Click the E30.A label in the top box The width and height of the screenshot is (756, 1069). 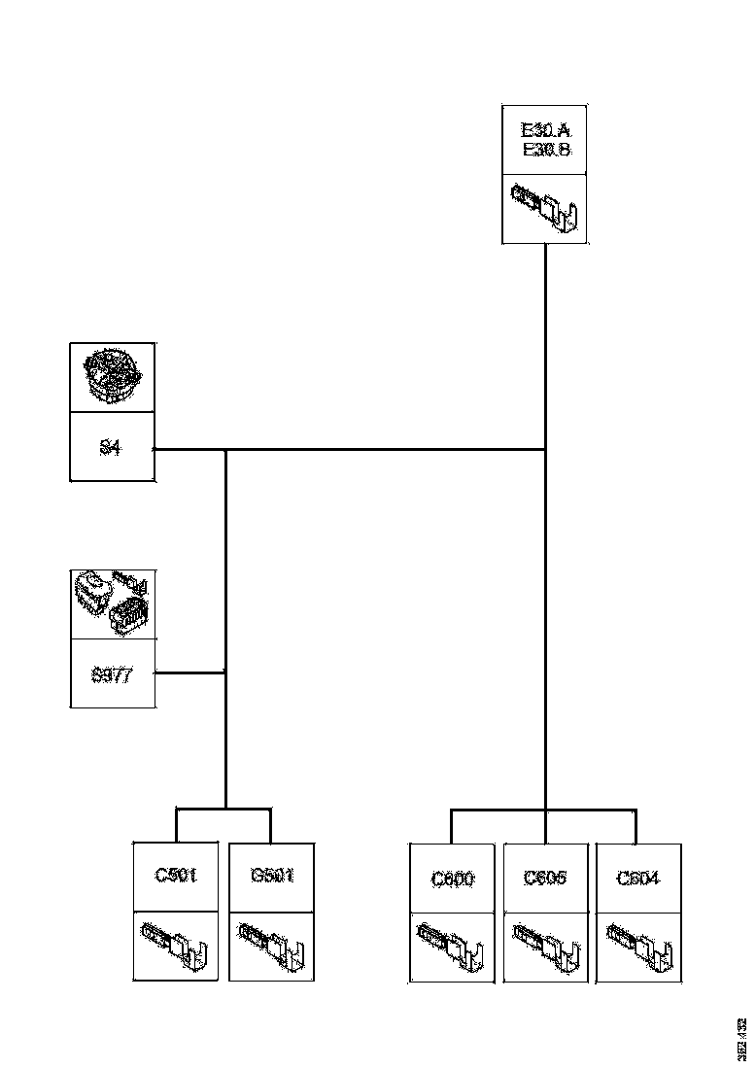[x=545, y=130]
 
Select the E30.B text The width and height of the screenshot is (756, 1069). [x=545, y=150]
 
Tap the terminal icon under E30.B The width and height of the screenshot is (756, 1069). [x=545, y=209]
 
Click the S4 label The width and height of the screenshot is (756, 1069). [x=111, y=449]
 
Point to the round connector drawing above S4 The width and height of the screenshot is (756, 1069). [x=113, y=377]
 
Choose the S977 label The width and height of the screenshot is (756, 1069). [x=112, y=674]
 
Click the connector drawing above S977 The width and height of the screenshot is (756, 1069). [x=113, y=603]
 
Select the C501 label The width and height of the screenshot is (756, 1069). [x=176, y=876]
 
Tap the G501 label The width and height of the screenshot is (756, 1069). [x=271, y=876]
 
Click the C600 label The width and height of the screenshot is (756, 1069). [x=452, y=879]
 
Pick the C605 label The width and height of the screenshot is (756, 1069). [x=545, y=879]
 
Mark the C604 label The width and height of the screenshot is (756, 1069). [x=637, y=879]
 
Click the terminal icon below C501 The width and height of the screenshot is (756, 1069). [x=176, y=946]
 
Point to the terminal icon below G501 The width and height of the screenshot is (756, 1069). [x=271, y=946]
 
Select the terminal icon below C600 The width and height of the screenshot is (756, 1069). [x=452, y=948]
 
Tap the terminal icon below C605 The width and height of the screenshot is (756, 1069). [x=545, y=948]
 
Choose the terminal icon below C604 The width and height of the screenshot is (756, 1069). [x=637, y=948]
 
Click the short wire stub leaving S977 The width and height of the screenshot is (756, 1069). [x=189, y=672]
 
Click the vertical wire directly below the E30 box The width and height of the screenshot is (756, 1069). [x=545, y=340]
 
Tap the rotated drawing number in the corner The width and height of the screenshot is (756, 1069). [x=741, y=1037]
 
